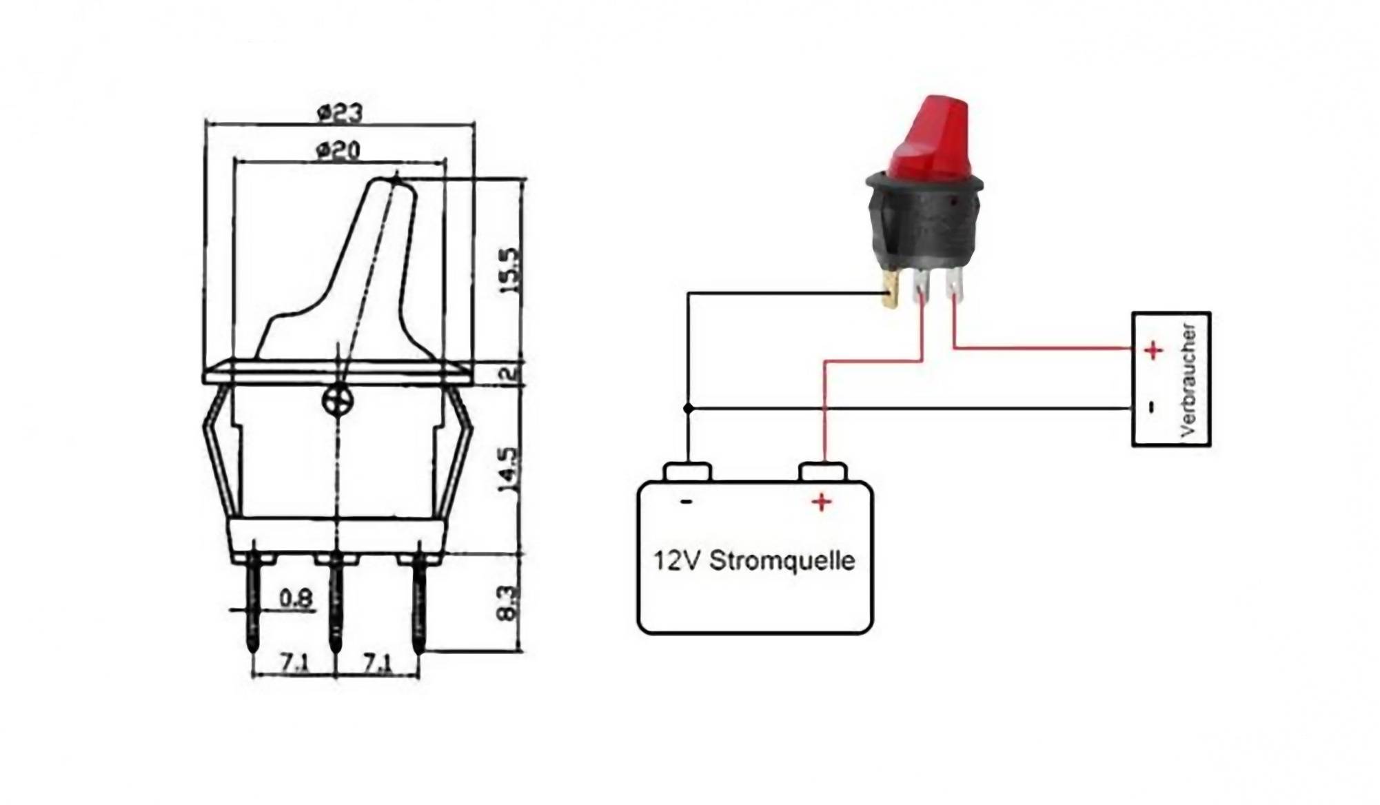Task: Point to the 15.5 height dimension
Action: point(511,272)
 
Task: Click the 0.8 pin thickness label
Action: point(296,598)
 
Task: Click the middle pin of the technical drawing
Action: point(336,600)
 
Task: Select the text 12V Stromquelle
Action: point(754,560)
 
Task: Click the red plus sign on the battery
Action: point(821,502)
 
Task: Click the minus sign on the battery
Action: point(686,502)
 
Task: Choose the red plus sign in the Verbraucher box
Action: point(1153,351)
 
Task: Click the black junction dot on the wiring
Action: point(688,409)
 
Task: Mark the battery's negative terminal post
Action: point(687,472)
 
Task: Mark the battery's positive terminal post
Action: point(822,472)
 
